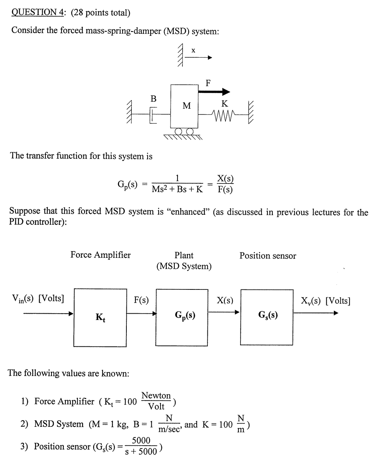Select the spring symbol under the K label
point(224,114)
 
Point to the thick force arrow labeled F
point(214,92)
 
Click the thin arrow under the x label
point(198,58)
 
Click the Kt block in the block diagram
point(100,318)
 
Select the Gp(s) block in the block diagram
point(182,318)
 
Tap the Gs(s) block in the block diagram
point(267,318)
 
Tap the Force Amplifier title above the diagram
point(100,255)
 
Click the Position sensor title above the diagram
point(268,256)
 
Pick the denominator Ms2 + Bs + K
point(177,189)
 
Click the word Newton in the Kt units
point(156,396)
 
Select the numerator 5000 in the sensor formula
point(141,440)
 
